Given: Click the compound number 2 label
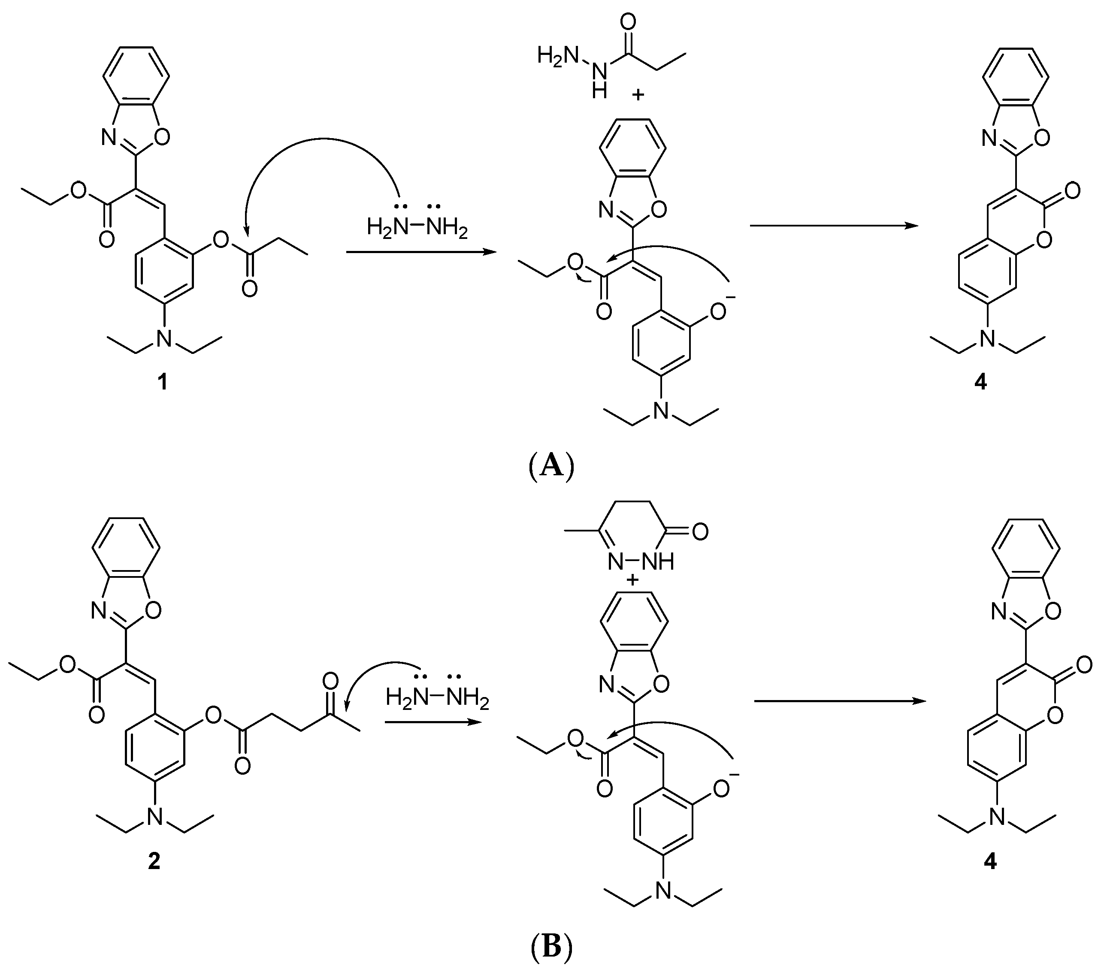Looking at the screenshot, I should pyautogui.click(x=154, y=861).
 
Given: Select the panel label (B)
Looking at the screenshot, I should pyautogui.click(x=550, y=947).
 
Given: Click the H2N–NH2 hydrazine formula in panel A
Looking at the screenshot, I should pyautogui.click(x=417, y=227).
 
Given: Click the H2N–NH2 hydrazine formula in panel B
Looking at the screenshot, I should pyautogui.click(x=438, y=699).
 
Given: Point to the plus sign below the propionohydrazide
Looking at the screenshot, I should pyautogui.click(x=638, y=95).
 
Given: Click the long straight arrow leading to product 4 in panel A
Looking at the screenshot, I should pyautogui.click(x=835, y=226).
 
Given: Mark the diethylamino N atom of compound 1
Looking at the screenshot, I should pyautogui.click(x=165, y=338).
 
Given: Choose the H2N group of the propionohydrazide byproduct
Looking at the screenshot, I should pyautogui.click(x=557, y=55).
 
